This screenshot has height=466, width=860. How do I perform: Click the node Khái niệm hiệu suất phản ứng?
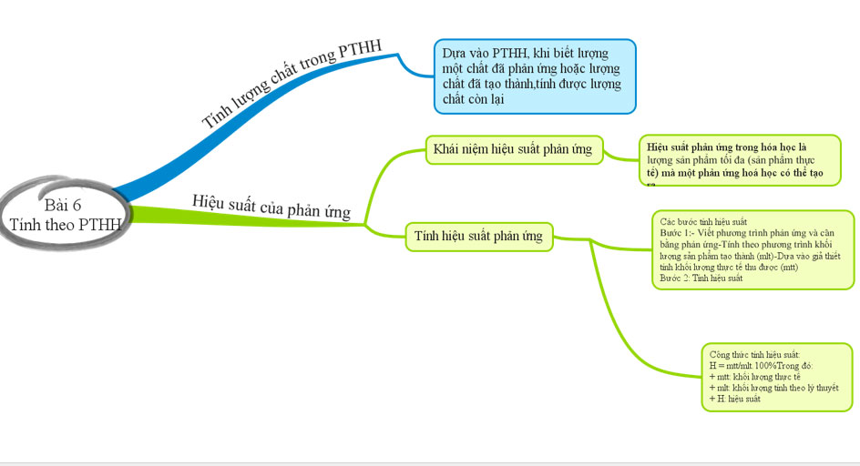512,149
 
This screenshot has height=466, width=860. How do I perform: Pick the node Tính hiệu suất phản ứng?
478,238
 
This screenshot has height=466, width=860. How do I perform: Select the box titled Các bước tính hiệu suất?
752,249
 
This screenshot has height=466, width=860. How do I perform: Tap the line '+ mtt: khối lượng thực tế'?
754,376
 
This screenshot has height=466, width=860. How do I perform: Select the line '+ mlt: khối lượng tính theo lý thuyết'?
773,388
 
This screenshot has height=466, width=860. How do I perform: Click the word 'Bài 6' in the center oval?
62,204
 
